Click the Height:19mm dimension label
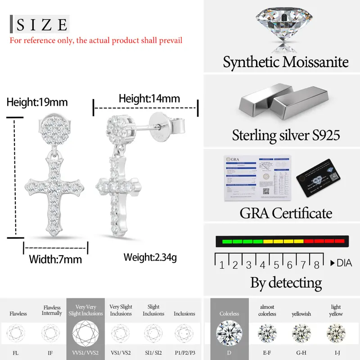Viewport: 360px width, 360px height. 37,103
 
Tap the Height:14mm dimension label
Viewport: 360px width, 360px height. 149,99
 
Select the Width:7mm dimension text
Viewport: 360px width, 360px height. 55,259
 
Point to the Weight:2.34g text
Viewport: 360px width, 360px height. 150,257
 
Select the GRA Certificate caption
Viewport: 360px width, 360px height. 286,212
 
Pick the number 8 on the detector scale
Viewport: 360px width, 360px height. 316,265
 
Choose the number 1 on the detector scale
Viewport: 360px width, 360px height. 222,265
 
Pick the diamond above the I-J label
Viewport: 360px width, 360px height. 336,333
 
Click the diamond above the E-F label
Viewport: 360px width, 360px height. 267,333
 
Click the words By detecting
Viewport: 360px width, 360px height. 286,283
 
